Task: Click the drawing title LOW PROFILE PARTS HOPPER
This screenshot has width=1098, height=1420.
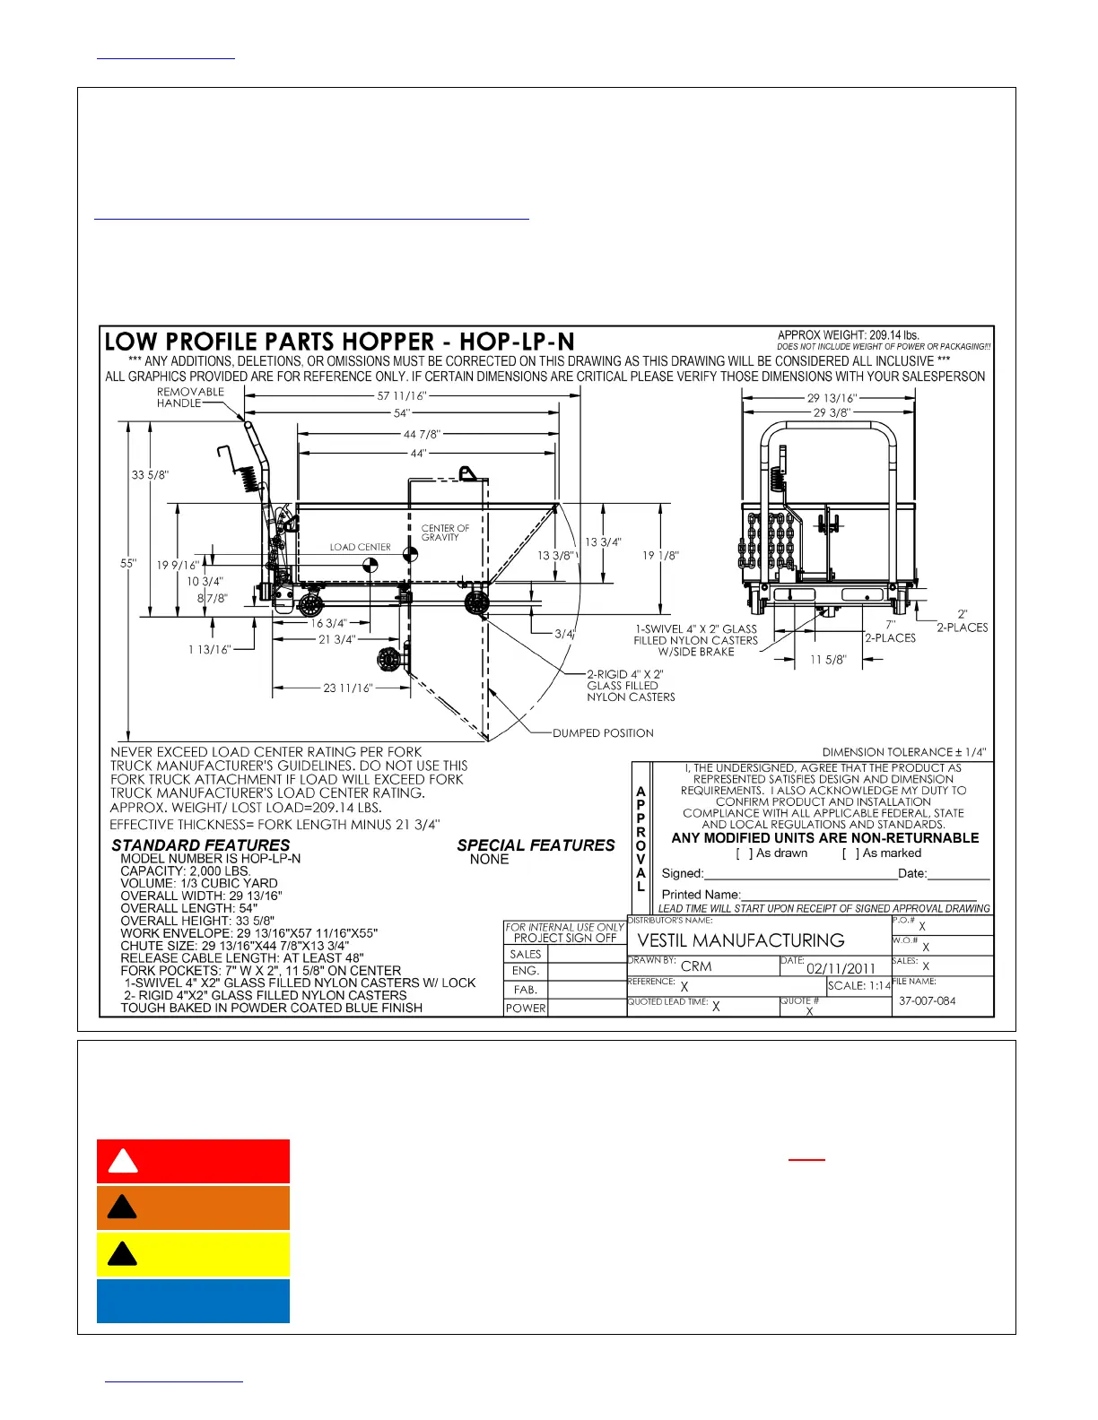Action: pyautogui.click(x=339, y=342)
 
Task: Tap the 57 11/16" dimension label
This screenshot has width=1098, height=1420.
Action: pyautogui.click(x=402, y=395)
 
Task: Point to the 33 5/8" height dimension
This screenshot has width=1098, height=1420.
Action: pyautogui.click(x=150, y=475)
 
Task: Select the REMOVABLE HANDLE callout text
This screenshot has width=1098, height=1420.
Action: pyautogui.click(x=190, y=397)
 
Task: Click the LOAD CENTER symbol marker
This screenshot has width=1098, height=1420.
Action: pyautogui.click(x=369, y=565)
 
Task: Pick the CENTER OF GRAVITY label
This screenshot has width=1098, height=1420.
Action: pyautogui.click(x=445, y=532)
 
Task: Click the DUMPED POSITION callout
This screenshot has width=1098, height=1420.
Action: pyautogui.click(x=603, y=733)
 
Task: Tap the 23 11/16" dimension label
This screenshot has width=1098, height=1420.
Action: pyautogui.click(x=348, y=688)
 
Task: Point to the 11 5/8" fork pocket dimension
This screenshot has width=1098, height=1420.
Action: pyautogui.click(x=827, y=660)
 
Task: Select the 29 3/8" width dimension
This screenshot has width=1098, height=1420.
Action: pyautogui.click(x=832, y=412)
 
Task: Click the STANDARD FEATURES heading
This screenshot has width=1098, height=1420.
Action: pyautogui.click(x=201, y=845)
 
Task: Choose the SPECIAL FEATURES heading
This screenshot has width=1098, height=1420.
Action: pyautogui.click(x=536, y=845)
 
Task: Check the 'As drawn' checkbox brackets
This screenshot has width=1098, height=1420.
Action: pyautogui.click(x=745, y=853)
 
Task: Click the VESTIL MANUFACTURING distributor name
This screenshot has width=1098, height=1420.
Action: pyautogui.click(x=741, y=940)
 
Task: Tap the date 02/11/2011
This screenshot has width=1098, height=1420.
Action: pyautogui.click(x=841, y=968)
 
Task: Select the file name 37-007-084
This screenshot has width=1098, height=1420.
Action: pyautogui.click(x=927, y=1000)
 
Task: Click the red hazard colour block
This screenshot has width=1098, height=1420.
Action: pyautogui.click(x=193, y=1162)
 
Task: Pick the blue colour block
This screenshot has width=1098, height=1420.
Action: pyautogui.click(x=193, y=1301)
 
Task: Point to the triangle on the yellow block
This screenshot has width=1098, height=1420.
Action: pyautogui.click(x=122, y=1253)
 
